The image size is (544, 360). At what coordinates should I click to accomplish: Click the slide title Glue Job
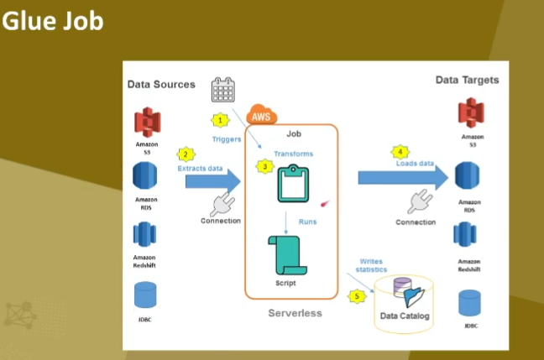coord(52,21)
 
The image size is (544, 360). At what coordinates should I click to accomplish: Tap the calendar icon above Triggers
coord(223,90)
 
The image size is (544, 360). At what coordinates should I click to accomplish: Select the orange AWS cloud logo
coord(264,117)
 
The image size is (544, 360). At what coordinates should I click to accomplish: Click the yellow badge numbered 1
coord(220,120)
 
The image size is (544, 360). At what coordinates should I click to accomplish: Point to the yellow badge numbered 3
coord(265,167)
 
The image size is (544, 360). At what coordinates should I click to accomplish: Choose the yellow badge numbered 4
coord(400,152)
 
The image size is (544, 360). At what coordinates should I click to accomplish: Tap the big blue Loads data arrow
coord(401,177)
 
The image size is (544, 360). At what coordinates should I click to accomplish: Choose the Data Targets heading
coord(467,80)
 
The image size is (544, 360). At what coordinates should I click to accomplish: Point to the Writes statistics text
coord(373,265)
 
